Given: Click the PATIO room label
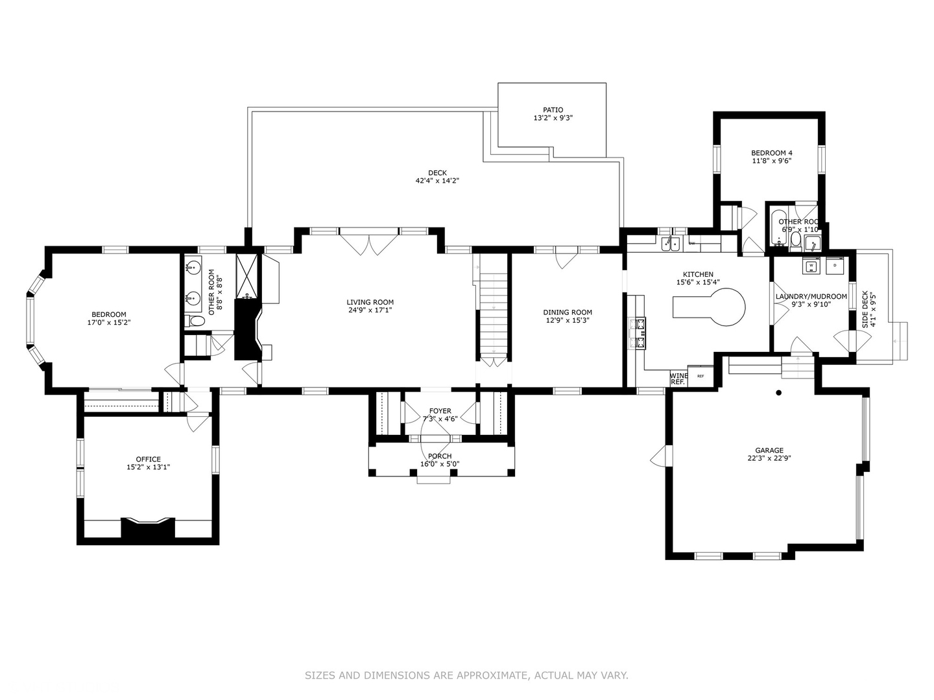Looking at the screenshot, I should pos(553,110).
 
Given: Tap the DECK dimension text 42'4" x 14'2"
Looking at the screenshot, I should pos(437,181).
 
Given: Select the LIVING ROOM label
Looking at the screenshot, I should pos(370,302).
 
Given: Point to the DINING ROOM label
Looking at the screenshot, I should pos(568,312).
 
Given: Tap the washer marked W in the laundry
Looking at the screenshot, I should pos(811,266).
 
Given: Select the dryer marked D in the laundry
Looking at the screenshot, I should pos(835,266).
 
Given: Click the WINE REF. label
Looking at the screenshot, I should pos(678,379).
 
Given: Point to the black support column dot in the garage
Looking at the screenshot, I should pos(778,393).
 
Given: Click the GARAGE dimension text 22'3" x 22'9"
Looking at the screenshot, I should pos(769,458).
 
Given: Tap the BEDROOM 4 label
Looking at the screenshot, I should pos(771,153).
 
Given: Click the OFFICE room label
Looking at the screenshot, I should pos(148,459).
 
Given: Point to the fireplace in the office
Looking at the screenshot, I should pos(149,528).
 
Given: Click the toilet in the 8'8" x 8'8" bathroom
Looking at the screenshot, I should pos(196,321).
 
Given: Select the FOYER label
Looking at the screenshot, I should pos(440,411).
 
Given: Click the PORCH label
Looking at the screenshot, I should pos(440,456).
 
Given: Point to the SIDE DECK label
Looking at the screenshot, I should pos(865,309).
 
